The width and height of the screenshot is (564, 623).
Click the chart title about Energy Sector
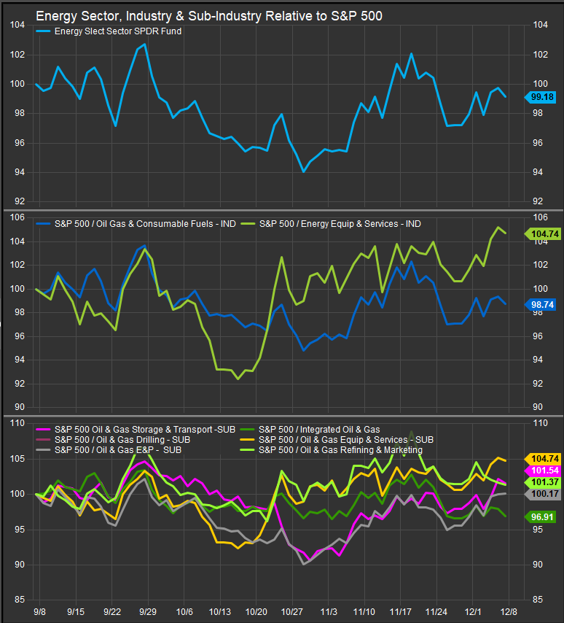click(208, 15)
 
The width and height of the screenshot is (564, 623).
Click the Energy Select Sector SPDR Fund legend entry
click(118, 31)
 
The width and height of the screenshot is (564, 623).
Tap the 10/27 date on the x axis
click(292, 611)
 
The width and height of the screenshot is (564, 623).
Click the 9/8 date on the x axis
click(40, 611)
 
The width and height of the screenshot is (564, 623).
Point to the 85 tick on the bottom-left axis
click(19, 600)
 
